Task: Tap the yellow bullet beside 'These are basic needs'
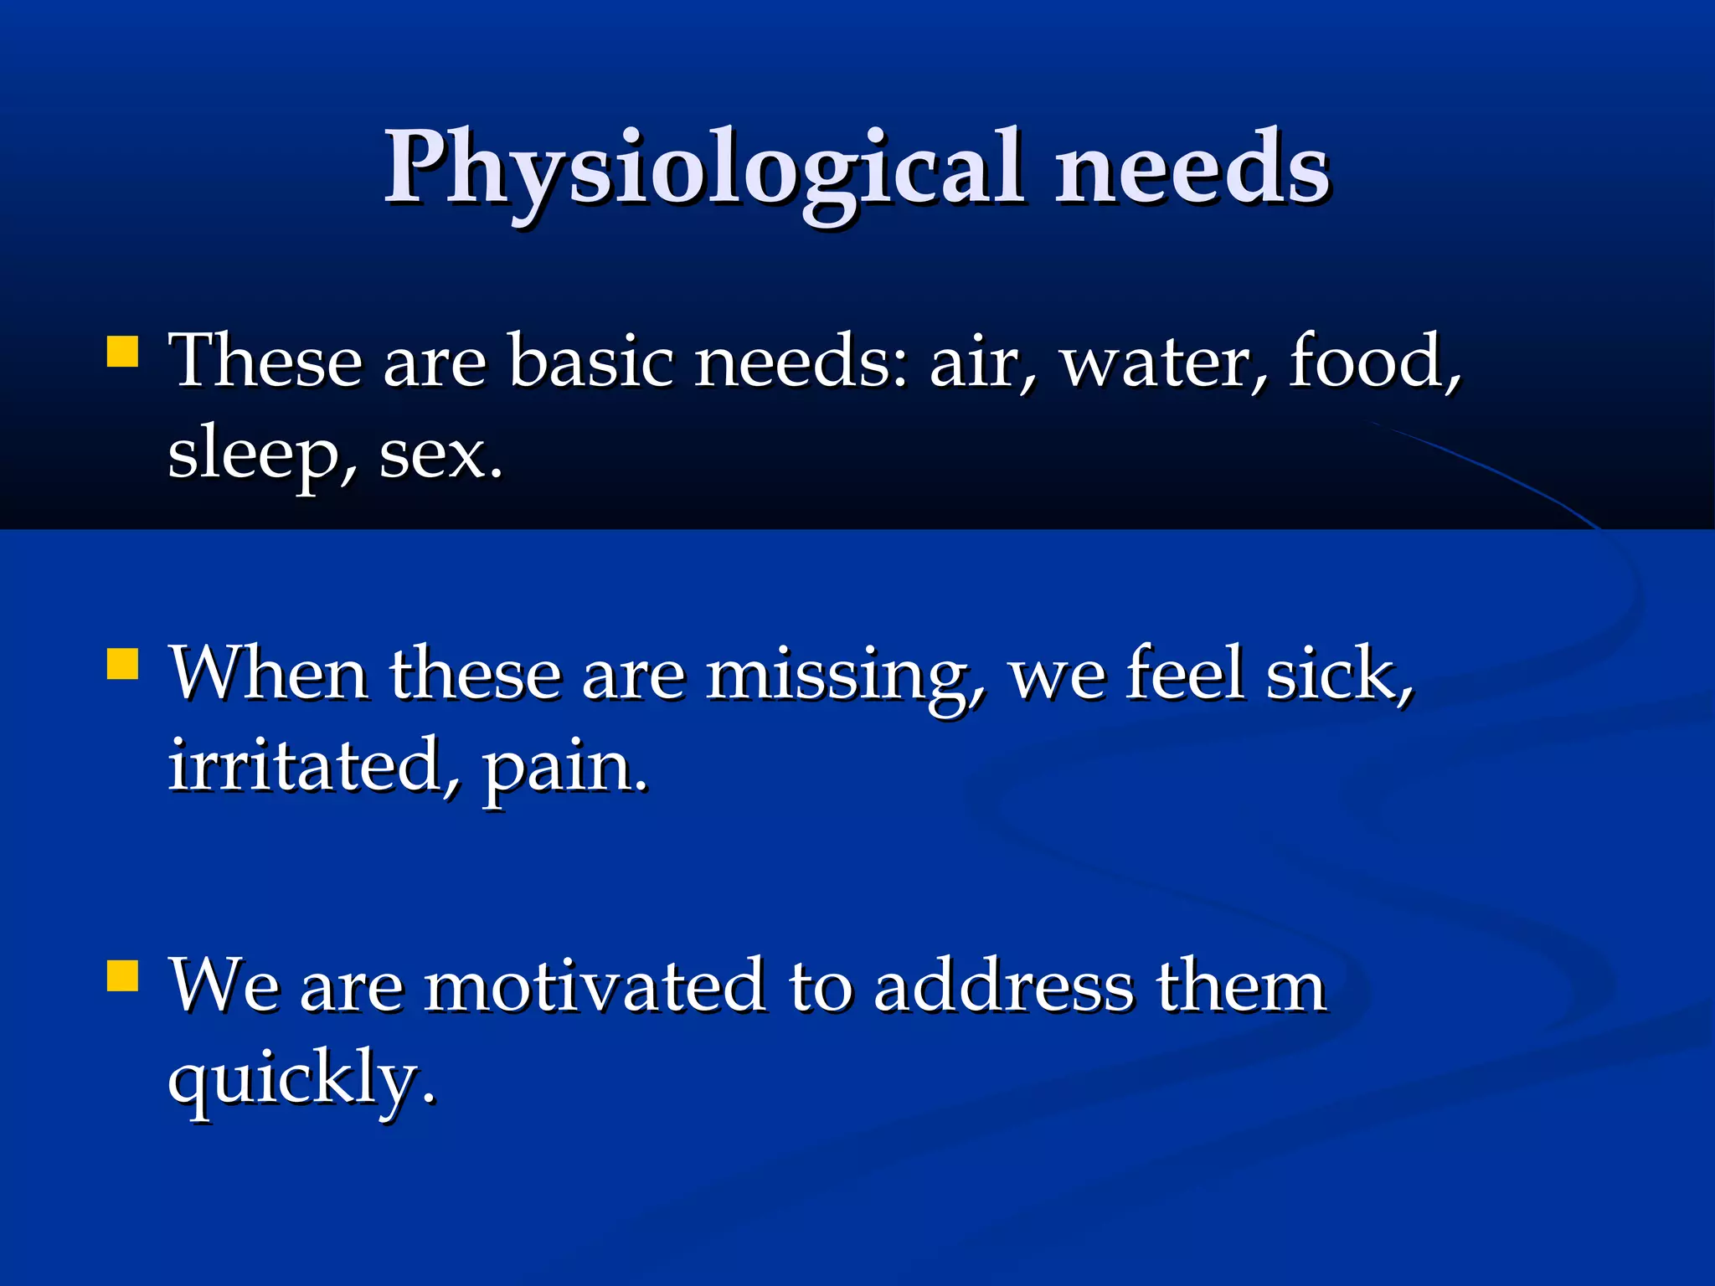coord(122,352)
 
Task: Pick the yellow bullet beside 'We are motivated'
coord(122,975)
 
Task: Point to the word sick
coord(1338,674)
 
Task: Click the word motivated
coord(595,986)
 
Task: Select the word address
coord(1003,986)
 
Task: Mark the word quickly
coord(301,1080)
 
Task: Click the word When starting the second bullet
coord(268,674)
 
